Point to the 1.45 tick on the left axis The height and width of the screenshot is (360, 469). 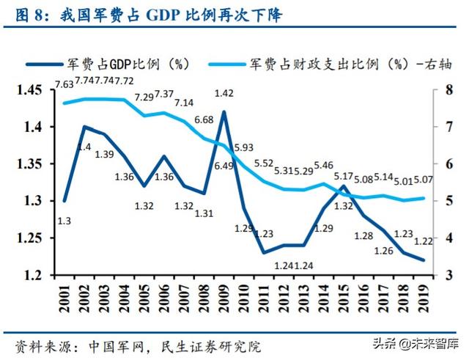click(30, 91)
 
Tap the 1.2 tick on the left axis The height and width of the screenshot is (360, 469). click(34, 276)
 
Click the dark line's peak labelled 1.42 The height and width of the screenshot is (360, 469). click(224, 93)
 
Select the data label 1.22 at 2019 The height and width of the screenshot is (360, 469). click(424, 243)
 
